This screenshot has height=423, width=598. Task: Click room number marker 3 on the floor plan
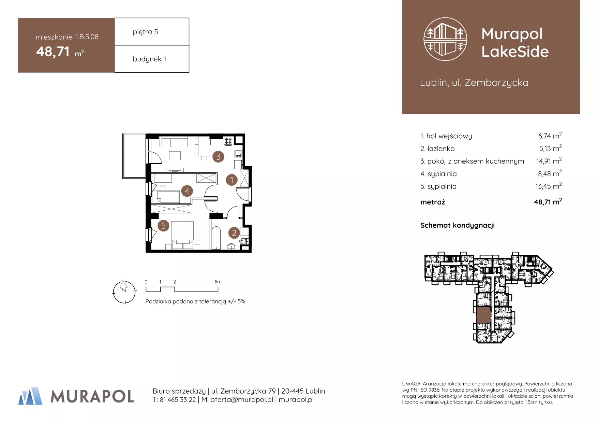(x=218, y=157)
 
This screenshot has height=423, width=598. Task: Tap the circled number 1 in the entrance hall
(x=232, y=180)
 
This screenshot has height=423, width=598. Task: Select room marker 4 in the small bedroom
(x=187, y=191)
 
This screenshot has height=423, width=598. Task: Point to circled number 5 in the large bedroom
(x=164, y=226)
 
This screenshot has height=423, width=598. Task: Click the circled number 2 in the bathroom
(x=234, y=233)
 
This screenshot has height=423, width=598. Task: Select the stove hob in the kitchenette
(x=228, y=140)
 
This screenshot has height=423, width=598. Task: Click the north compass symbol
(x=124, y=292)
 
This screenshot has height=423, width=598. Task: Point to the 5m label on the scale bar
(x=218, y=282)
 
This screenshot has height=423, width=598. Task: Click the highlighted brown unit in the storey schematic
(x=483, y=314)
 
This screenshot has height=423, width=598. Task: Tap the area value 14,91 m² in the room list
(x=549, y=161)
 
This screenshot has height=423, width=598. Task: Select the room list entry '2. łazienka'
(x=437, y=149)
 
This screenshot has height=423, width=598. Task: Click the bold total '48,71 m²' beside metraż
(x=548, y=202)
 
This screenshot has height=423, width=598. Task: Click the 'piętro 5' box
(x=152, y=31)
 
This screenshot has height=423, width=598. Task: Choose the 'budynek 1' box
(x=152, y=59)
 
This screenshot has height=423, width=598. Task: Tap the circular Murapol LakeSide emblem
(x=445, y=39)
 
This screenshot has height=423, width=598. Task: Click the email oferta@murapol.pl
(x=242, y=400)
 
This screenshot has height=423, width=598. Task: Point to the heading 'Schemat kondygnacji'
(x=458, y=225)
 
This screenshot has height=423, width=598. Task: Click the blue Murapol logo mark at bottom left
(x=30, y=396)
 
